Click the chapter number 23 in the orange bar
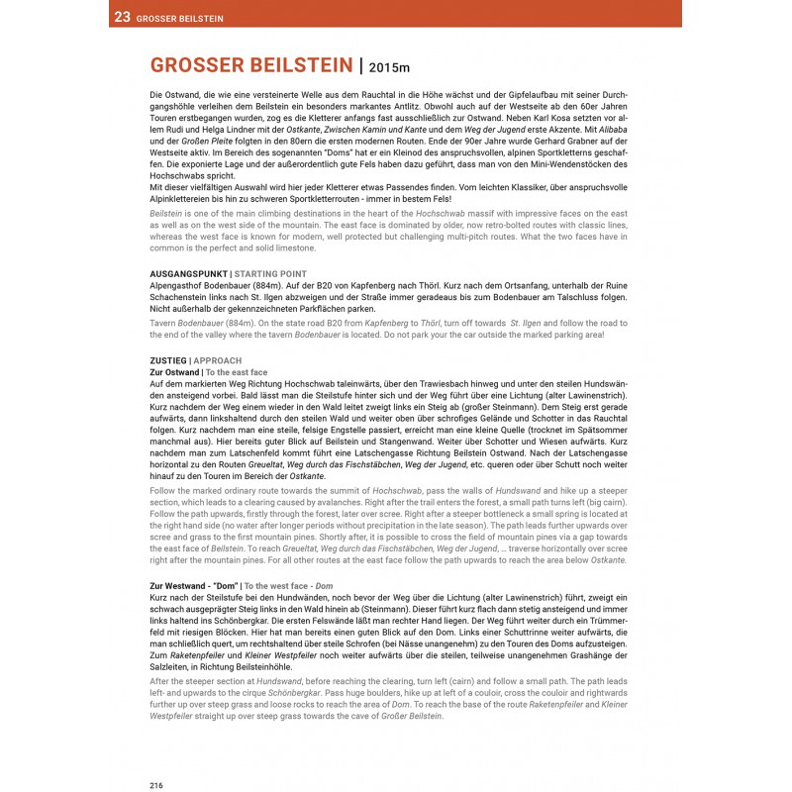pyautogui.click(x=122, y=17)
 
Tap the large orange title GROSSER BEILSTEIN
pyautogui.click(x=250, y=66)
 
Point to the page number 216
pyautogui.click(x=156, y=784)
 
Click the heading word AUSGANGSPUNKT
pyautogui.click(x=187, y=273)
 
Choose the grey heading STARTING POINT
pyautogui.click(x=270, y=273)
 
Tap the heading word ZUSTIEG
pyautogui.click(x=167, y=360)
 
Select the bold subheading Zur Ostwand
pyautogui.click(x=173, y=371)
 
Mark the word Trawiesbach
pyautogui.click(x=425, y=382)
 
